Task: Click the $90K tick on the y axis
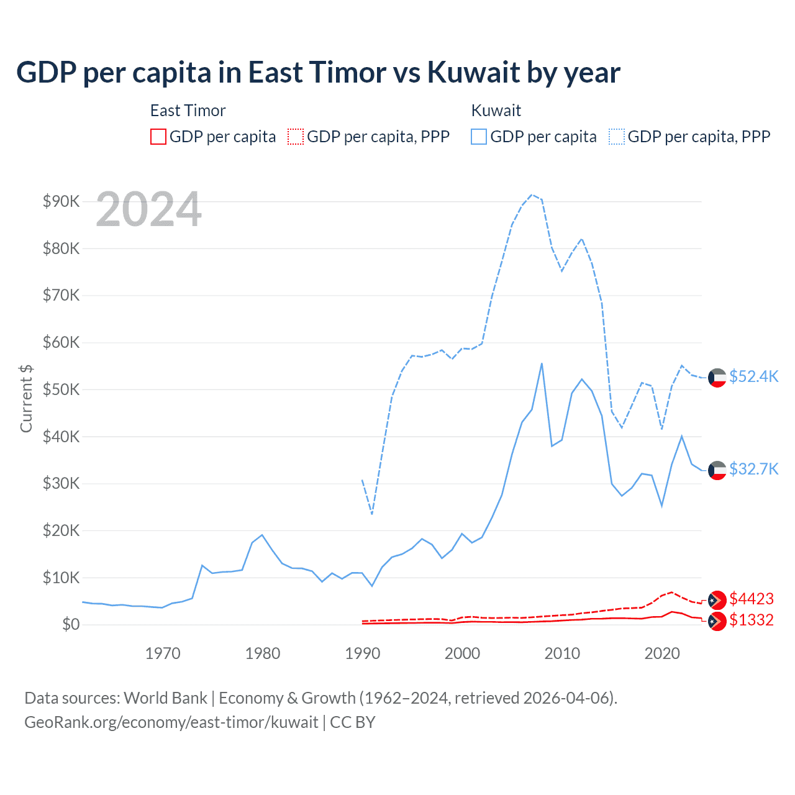pos(61,201)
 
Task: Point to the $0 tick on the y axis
pos(70,624)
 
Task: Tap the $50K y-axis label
pos(61,389)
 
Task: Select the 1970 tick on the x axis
pos(163,653)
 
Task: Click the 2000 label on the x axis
pos(462,653)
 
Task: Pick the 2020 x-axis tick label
pos(662,653)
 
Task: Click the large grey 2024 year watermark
pos(148,209)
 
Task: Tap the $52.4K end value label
pos(753,377)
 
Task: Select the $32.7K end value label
pos(753,469)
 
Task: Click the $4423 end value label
pos(752,599)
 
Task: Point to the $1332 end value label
pos(752,620)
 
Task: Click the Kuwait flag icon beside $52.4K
pos(717,378)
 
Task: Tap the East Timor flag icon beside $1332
pos(717,620)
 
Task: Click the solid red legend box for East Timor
pos(158,137)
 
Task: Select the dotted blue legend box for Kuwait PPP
pos(617,137)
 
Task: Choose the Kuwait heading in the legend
pos(496,111)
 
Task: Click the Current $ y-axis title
pos(26,398)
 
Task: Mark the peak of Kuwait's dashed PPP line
pos(532,194)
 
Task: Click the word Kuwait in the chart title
pos(473,73)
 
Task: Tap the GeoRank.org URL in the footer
pos(171,722)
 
